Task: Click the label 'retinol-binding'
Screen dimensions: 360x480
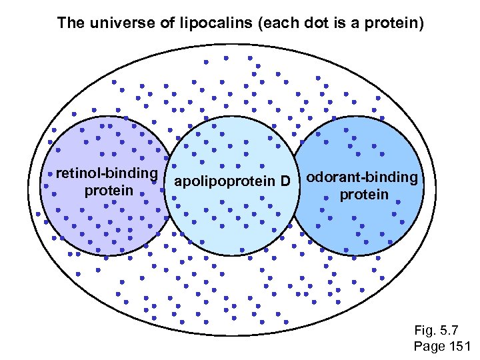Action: click(x=107, y=174)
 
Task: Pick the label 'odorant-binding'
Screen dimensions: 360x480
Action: click(x=363, y=178)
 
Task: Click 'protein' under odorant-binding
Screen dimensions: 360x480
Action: click(x=363, y=195)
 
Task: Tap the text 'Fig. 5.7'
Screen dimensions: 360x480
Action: click(x=436, y=330)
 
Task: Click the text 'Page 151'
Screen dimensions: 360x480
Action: click(x=442, y=346)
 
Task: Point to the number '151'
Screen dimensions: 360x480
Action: click(x=459, y=346)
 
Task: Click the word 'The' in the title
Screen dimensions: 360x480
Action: click(x=70, y=23)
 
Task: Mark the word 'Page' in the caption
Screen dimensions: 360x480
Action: click(x=429, y=346)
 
